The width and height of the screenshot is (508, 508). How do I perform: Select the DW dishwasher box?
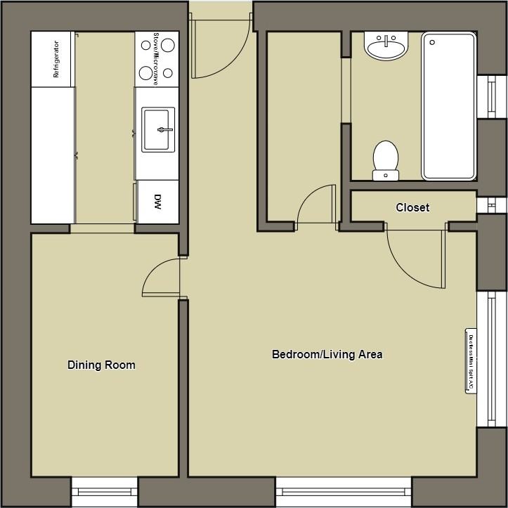[x=157, y=201]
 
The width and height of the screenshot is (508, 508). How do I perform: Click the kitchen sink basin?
[x=158, y=129]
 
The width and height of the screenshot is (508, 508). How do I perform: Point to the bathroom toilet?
[x=386, y=159]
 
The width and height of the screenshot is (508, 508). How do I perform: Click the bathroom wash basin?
[x=385, y=48]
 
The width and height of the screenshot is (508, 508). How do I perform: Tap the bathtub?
[x=448, y=105]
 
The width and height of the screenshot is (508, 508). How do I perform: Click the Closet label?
[x=412, y=207]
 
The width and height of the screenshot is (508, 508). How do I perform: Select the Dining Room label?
[x=101, y=365]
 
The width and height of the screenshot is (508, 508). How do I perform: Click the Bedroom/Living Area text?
[x=327, y=354]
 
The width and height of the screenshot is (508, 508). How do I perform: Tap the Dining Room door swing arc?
[x=160, y=275]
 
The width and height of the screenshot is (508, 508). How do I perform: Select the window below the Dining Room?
[x=104, y=492]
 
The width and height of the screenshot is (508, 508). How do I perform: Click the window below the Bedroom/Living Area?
[x=343, y=492]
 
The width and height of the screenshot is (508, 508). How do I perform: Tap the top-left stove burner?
[x=147, y=45]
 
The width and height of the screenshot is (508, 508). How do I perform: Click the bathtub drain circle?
[x=432, y=42]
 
